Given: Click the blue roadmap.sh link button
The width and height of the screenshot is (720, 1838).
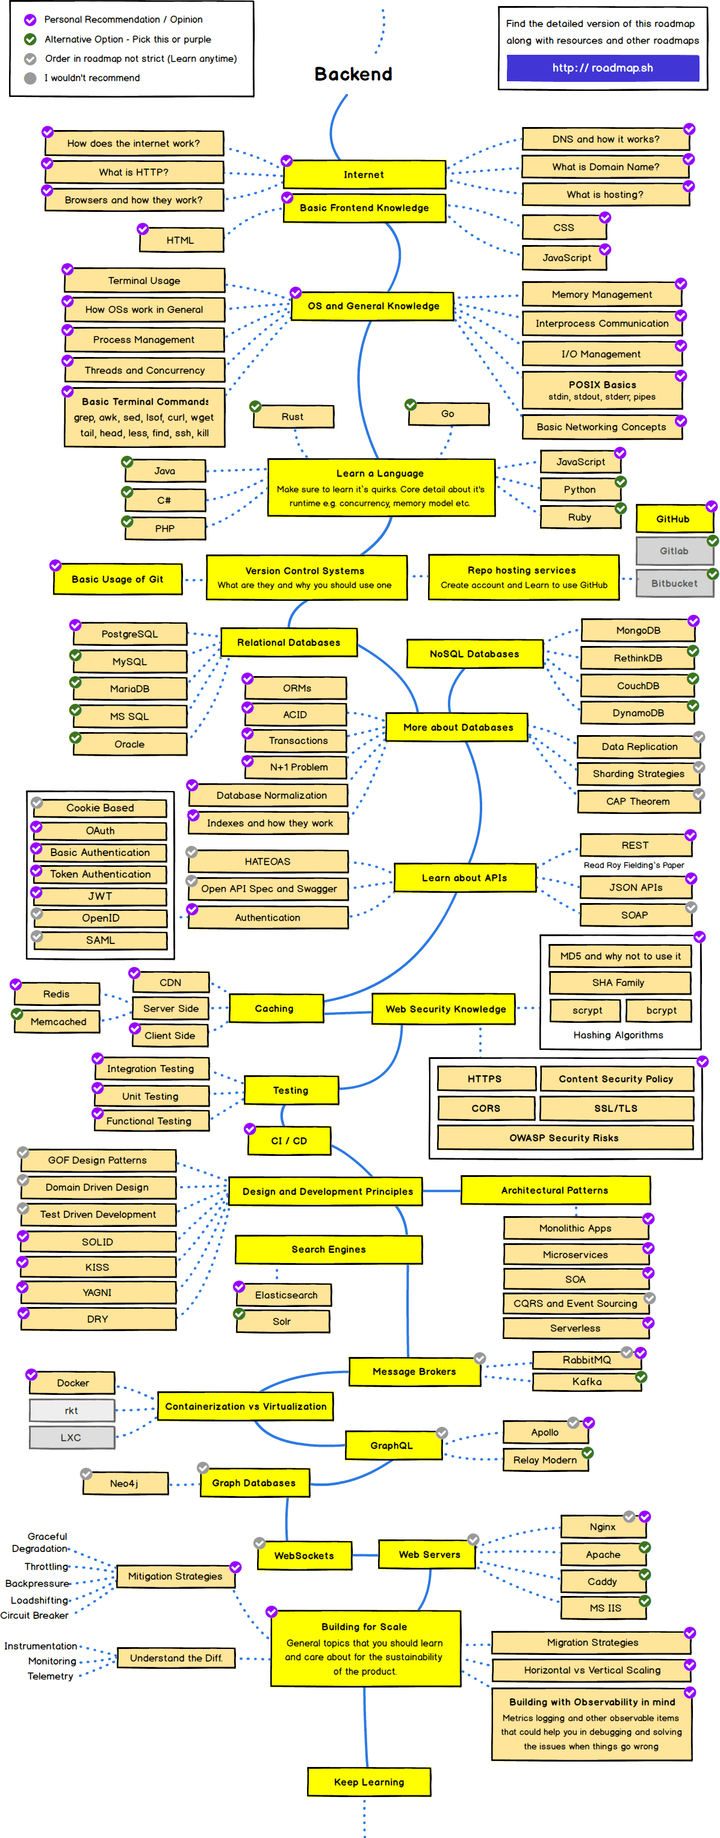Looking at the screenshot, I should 602,68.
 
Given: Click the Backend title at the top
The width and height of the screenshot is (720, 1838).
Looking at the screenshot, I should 353,74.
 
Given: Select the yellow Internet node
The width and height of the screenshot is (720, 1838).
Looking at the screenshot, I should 364,174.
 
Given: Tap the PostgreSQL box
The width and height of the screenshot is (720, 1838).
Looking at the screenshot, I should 130,633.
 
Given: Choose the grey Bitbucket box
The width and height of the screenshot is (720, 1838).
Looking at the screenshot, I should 674,583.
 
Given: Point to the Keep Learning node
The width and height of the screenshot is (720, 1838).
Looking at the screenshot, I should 369,1781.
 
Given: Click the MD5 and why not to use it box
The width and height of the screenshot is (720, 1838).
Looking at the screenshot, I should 619,956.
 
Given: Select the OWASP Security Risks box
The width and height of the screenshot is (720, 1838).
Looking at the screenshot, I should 563,1137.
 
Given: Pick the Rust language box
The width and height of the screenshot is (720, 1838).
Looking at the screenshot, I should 293,417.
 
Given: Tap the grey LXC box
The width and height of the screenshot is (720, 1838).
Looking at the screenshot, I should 72,1437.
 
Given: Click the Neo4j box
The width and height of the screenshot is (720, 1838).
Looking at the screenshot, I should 124,1483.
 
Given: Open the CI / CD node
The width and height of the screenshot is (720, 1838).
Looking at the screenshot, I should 289,1141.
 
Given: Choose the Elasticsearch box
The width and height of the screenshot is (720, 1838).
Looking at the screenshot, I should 286,1294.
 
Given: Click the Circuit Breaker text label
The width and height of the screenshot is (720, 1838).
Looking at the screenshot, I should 34,1615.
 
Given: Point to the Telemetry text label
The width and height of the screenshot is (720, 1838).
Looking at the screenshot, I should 50,1676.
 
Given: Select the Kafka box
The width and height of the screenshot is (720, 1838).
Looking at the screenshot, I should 586,1381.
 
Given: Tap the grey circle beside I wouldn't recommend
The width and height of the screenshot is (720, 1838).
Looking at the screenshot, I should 30,78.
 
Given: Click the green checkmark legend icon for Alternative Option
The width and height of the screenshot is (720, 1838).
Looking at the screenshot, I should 30,39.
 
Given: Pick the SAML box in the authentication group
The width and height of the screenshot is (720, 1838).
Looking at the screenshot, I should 100,940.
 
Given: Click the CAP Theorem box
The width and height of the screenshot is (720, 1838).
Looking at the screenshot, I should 638,801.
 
